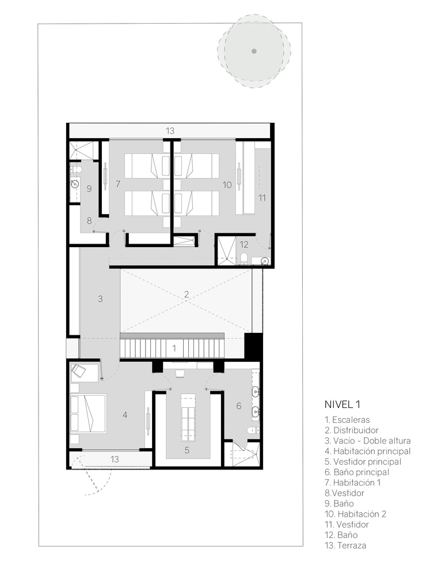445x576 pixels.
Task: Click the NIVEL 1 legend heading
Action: coord(342,404)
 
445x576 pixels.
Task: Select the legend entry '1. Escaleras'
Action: coord(347,419)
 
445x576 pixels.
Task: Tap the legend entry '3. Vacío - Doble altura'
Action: coord(367,441)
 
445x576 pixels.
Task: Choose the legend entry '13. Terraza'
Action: coord(345,545)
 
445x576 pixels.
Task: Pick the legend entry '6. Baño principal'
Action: coord(357,472)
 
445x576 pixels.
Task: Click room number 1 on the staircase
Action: coord(174,348)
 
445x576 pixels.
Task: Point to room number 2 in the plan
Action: coord(187,294)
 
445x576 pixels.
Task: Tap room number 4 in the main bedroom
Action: coord(125,415)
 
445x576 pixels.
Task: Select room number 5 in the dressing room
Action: coord(187,450)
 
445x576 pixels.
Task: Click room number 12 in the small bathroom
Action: coord(244,244)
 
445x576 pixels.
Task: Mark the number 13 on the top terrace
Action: coord(170,130)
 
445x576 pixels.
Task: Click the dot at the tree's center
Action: coord(254,51)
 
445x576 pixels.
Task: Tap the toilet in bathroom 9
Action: coord(74,169)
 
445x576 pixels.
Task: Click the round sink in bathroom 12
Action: coord(265,260)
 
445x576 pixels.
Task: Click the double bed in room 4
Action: coord(88,413)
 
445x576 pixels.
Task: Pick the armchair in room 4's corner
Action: coord(78,371)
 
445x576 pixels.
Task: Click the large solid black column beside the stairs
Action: coord(253,346)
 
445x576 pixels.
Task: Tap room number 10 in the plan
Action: coord(227,184)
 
